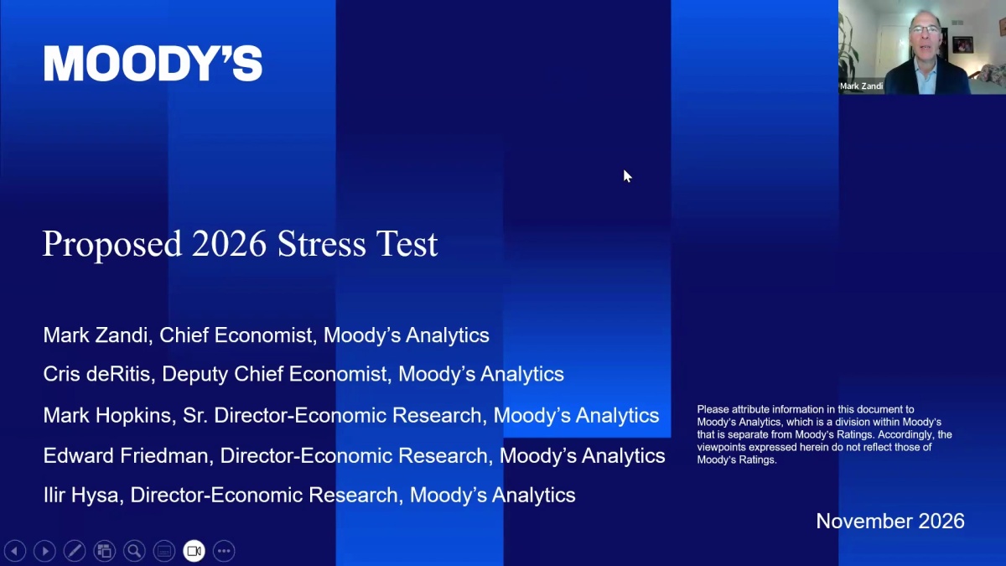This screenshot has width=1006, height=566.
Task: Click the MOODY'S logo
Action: (x=153, y=64)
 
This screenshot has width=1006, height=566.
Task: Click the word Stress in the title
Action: (x=322, y=244)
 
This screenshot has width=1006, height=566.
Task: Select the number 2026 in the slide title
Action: (x=229, y=244)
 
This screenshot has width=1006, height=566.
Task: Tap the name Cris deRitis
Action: (x=96, y=374)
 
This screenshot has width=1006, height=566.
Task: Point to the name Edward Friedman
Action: (x=125, y=455)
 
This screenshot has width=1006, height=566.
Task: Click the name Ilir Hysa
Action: (x=80, y=495)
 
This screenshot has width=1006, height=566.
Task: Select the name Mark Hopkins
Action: (x=107, y=415)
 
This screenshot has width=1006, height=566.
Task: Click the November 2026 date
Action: (x=890, y=521)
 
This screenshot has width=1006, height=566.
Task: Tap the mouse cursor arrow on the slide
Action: (x=627, y=176)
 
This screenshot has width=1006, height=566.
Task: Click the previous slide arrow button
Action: (x=15, y=551)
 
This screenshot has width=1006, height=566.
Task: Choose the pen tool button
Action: (x=75, y=551)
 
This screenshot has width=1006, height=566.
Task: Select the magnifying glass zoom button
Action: (x=134, y=551)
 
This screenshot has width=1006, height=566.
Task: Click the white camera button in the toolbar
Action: (x=194, y=551)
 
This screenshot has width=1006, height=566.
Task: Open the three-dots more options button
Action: (x=224, y=551)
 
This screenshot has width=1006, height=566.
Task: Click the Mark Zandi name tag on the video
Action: (x=861, y=86)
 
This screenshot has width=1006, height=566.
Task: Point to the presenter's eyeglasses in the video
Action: (x=925, y=30)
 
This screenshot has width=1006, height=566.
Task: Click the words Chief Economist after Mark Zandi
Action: (x=236, y=335)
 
